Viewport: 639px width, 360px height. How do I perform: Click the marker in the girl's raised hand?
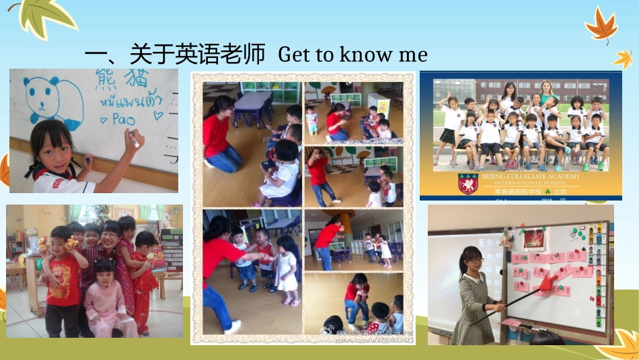pos(135,143)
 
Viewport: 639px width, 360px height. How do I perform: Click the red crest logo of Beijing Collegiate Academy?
pos(467,182)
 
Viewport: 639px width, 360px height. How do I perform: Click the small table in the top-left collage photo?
pos(254,101)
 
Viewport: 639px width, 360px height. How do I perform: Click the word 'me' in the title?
pos(413,55)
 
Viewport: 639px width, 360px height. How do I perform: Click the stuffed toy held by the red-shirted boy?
pos(71,242)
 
